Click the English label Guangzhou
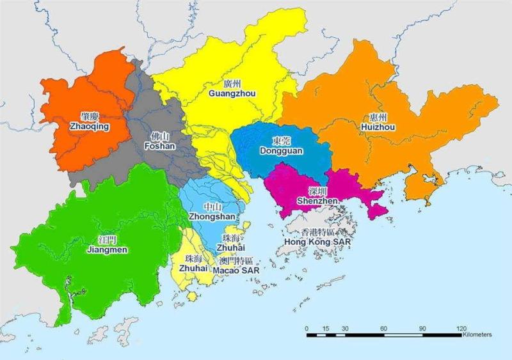(232, 93)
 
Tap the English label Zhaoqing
(90, 127)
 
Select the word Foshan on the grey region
(160, 146)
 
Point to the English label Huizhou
(378, 127)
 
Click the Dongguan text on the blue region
(281, 151)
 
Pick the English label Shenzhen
(318, 201)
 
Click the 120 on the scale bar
(461, 328)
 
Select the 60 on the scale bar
(384, 328)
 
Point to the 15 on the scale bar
(326, 328)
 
